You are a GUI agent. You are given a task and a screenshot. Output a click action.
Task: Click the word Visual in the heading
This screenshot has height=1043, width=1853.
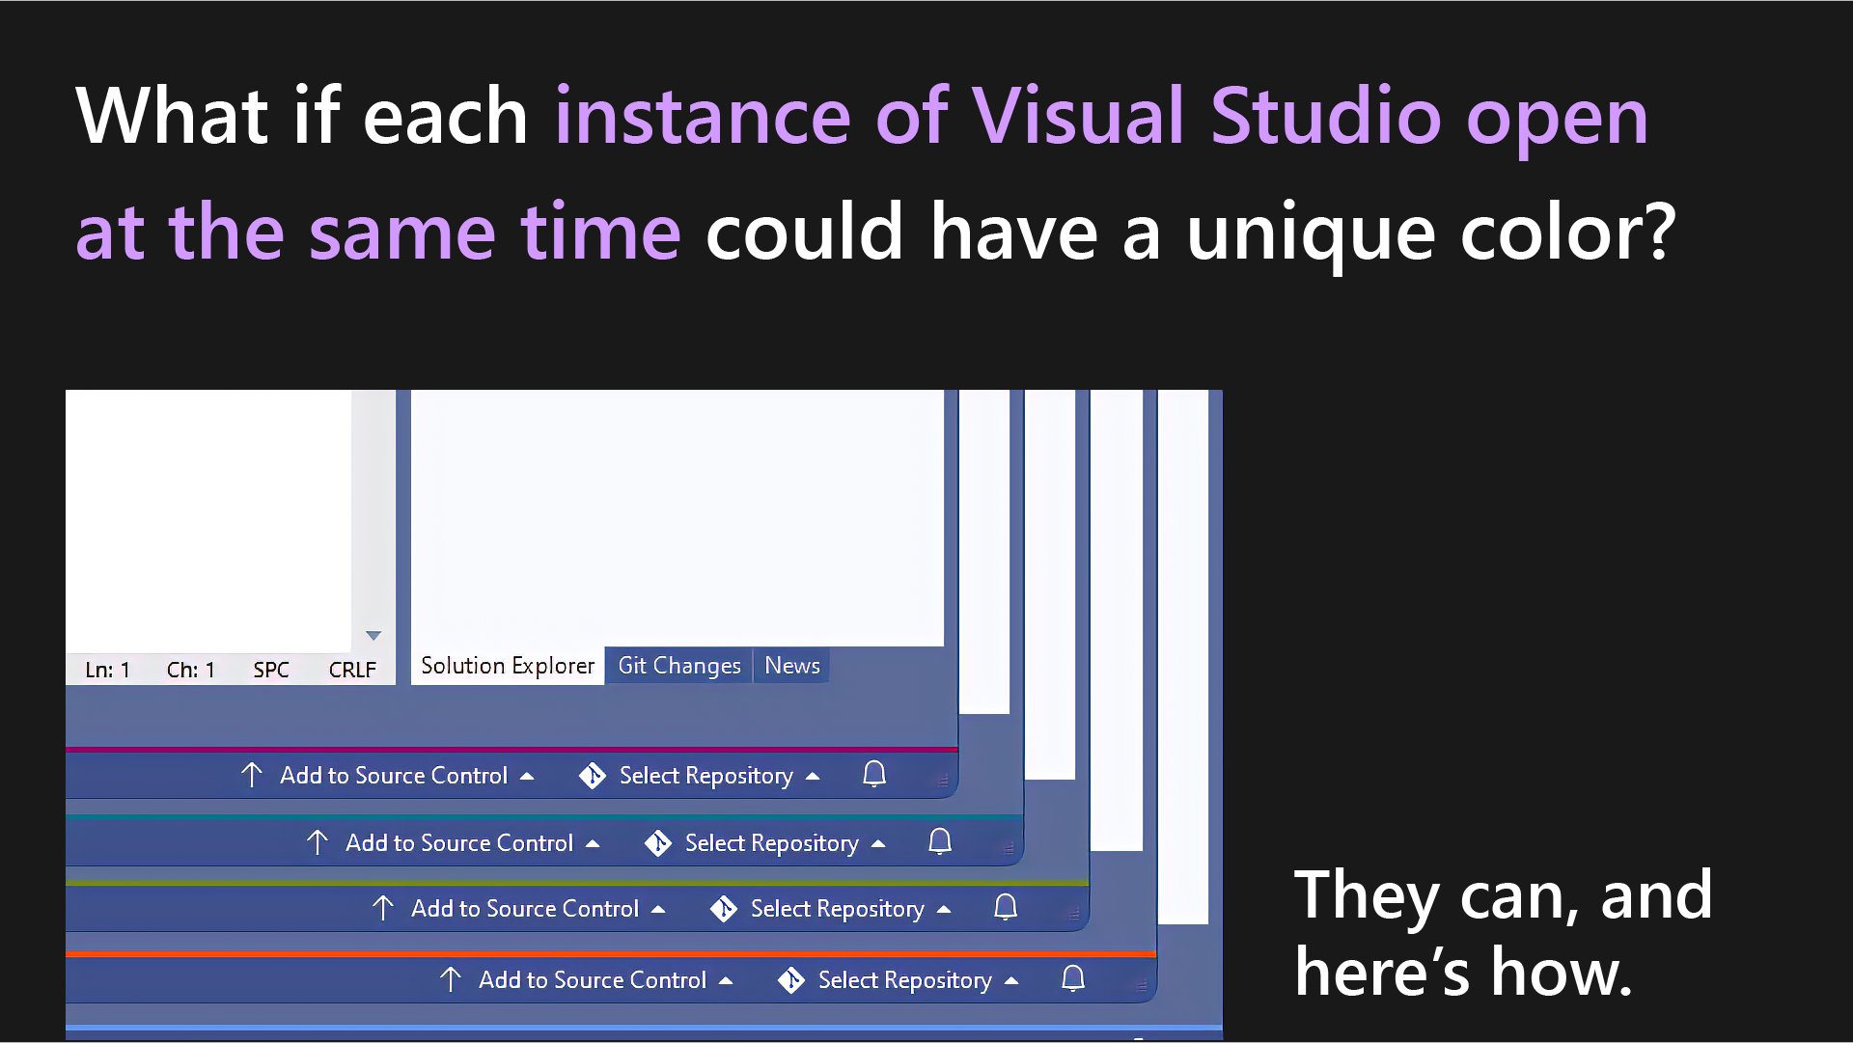tap(1077, 117)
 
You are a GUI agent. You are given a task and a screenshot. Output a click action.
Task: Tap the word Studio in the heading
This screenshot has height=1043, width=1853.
tap(1325, 117)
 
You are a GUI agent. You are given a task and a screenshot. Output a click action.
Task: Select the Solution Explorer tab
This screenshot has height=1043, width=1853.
tap(508, 666)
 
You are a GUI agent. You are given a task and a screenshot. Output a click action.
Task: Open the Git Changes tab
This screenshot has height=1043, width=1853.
tap(678, 666)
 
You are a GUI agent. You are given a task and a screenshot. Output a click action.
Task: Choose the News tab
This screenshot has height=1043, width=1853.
tap(791, 666)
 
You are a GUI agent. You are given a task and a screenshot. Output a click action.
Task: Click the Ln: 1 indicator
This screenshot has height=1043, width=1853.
tap(107, 670)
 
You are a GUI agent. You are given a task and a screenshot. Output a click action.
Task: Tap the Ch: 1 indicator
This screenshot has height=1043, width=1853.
tap(190, 670)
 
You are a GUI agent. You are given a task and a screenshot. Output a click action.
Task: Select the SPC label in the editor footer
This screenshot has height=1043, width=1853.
tap(271, 670)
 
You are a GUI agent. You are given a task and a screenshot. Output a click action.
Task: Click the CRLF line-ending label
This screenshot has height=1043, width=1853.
tap(352, 670)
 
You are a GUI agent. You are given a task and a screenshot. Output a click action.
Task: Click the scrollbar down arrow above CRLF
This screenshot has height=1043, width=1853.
tap(373, 635)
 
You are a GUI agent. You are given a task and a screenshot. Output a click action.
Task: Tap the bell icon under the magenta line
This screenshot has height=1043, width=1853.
tap(874, 774)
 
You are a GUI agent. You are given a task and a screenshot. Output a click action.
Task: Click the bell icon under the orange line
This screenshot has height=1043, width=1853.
tap(1073, 978)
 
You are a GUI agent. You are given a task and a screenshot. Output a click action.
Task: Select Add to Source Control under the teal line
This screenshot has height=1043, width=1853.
tap(459, 843)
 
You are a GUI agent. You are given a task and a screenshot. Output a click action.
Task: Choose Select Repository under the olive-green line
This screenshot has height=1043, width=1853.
tap(837, 909)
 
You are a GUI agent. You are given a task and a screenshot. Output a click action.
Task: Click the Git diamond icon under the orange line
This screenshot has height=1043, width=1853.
tap(791, 980)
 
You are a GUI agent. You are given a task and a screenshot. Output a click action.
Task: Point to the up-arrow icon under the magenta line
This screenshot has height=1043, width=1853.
tap(252, 775)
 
